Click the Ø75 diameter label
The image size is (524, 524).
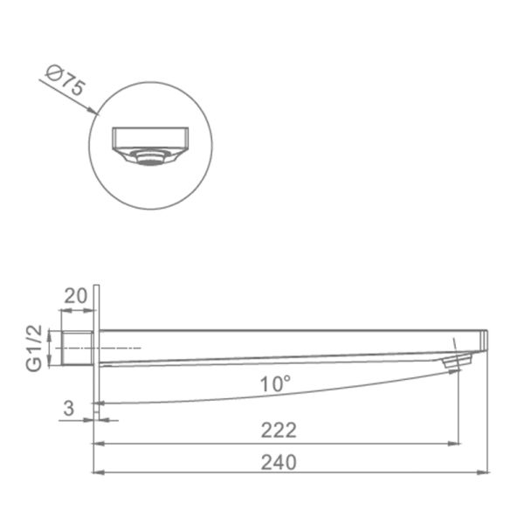coord(65,80)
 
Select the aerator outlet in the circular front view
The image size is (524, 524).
coord(148,158)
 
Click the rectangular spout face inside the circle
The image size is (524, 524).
coord(150,138)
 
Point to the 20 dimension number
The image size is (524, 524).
coord(75,296)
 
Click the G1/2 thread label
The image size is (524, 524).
coord(34,348)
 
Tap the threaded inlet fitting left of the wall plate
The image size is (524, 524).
coord(77,348)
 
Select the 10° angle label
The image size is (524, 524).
coord(275,383)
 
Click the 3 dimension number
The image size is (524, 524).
coord(68,408)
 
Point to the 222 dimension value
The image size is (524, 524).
coord(279,430)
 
